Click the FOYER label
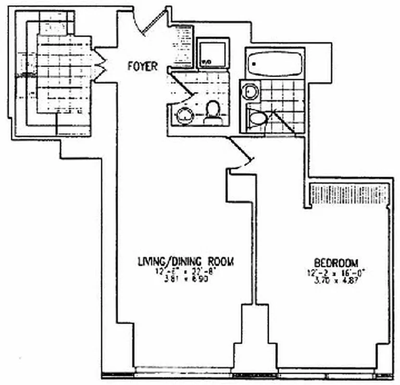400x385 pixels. (142, 67)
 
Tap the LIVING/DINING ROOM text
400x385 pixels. (186, 262)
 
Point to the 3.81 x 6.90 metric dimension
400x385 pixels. (185, 278)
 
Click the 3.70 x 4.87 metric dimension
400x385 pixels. (336, 279)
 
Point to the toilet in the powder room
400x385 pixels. (212, 113)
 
